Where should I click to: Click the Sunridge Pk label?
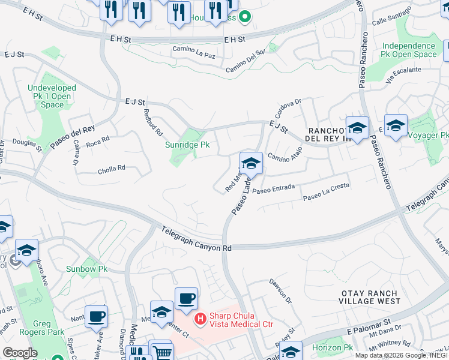click(x=187, y=145)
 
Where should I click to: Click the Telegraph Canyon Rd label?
click(x=197, y=238)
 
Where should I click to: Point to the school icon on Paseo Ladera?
click(x=251, y=163)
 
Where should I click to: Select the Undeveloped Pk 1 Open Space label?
click(x=52, y=96)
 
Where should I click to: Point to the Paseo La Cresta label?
click(x=326, y=196)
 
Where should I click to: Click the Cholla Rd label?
click(x=112, y=170)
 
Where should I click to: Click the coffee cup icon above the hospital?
click(x=186, y=298)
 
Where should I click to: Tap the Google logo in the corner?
click(x=19, y=353)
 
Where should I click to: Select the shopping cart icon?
click(x=161, y=352)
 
